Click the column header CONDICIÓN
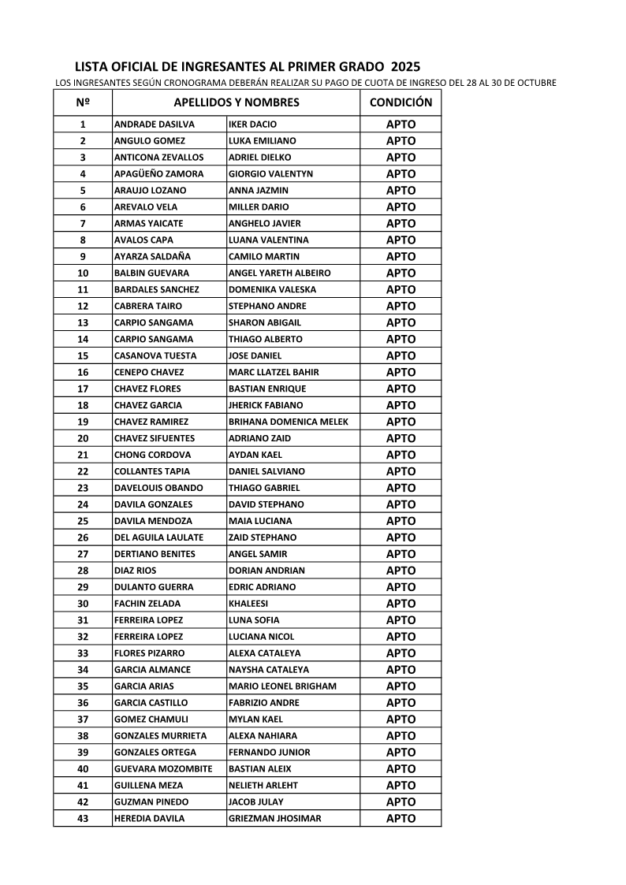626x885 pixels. (401, 102)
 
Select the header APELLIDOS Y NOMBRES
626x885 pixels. (236, 102)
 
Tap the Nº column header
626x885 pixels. (83, 102)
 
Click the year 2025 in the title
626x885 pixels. (405, 68)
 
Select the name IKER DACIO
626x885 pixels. (252, 125)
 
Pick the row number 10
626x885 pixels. (83, 273)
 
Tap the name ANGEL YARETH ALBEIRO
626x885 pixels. (279, 273)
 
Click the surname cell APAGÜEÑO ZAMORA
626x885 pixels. (158, 174)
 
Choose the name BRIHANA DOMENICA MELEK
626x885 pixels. (288, 422)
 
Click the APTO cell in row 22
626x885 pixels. (401, 471)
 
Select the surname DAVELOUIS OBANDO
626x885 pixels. (158, 488)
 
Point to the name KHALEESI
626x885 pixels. (248, 604)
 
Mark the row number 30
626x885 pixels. (83, 604)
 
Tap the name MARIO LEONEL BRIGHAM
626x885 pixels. (281, 686)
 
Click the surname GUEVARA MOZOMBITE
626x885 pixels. (163, 769)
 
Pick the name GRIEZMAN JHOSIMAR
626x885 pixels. (274, 819)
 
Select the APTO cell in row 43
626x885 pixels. (401, 819)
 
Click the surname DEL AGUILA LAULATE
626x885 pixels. (158, 537)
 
